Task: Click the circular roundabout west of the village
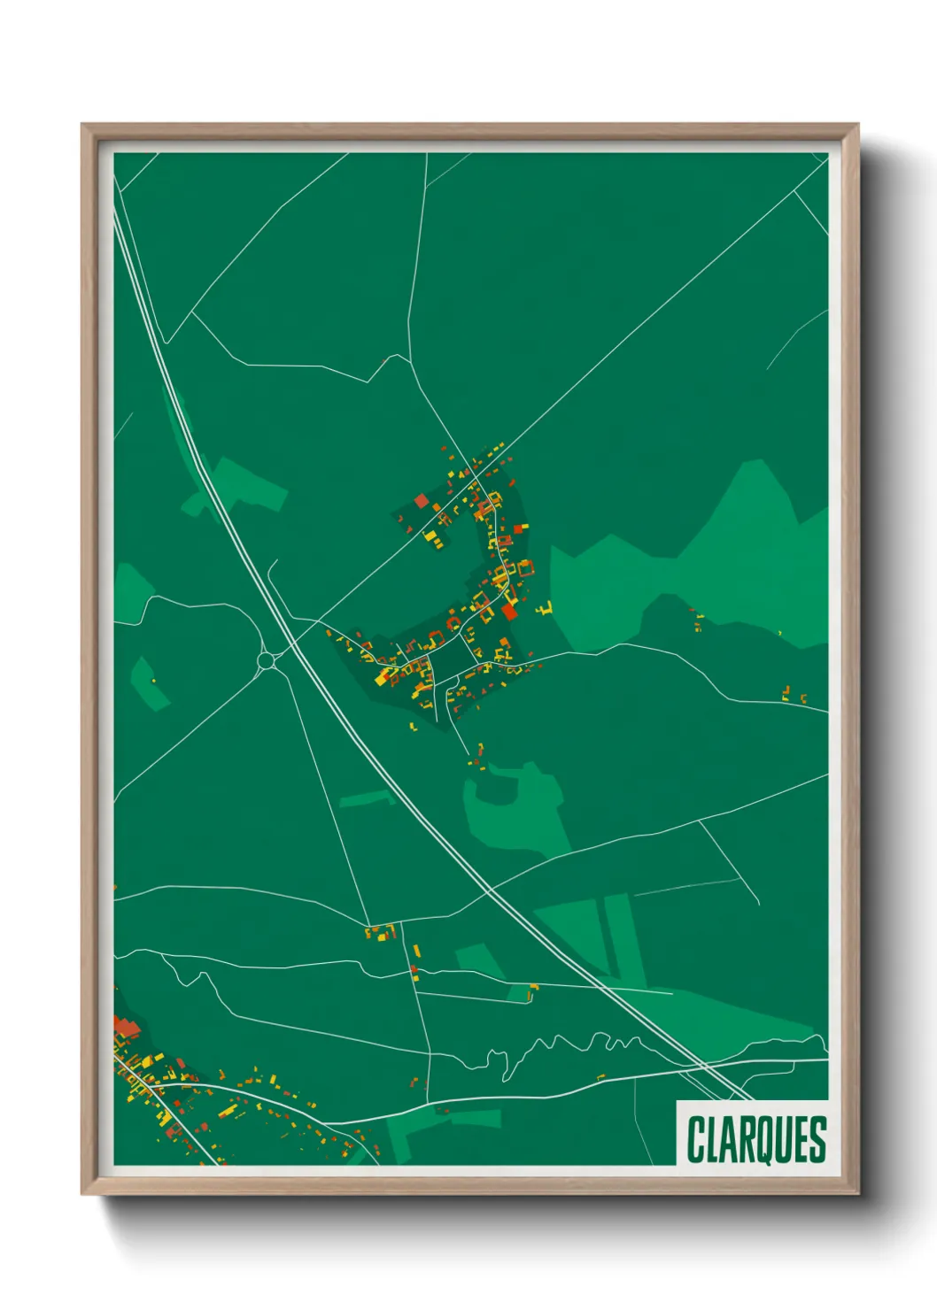(x=266, y=660)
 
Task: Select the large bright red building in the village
(x=509, y=612)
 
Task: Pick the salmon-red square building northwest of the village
(x=421, y=501)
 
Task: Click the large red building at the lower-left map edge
(x=127, y=1028)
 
